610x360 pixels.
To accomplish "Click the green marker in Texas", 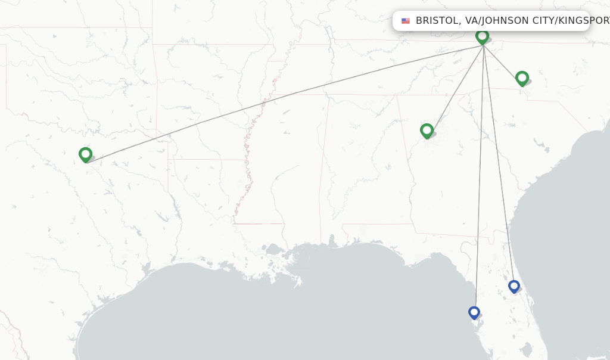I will coord(85,154).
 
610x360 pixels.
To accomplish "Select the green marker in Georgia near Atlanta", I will coord(427,131).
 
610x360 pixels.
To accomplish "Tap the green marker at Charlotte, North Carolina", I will coord(522,78).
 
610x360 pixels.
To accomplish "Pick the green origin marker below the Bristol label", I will coord(482,36).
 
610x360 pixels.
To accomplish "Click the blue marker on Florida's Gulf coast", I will coord(474,312).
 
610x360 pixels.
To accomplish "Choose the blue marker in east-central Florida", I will coord(514,286).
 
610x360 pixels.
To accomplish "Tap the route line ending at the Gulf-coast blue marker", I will coord(479,179).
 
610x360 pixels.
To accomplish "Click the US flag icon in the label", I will coord(406,21).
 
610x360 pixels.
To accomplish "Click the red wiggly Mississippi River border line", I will coord(249,161).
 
